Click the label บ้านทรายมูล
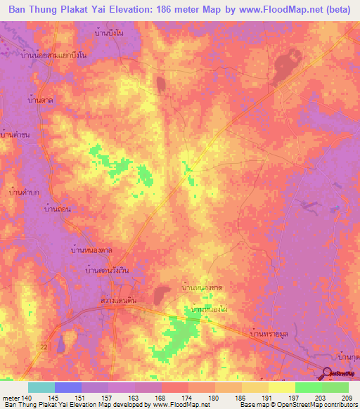271,335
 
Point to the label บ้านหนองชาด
202,288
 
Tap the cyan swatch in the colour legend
41,387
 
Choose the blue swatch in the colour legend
68,387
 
